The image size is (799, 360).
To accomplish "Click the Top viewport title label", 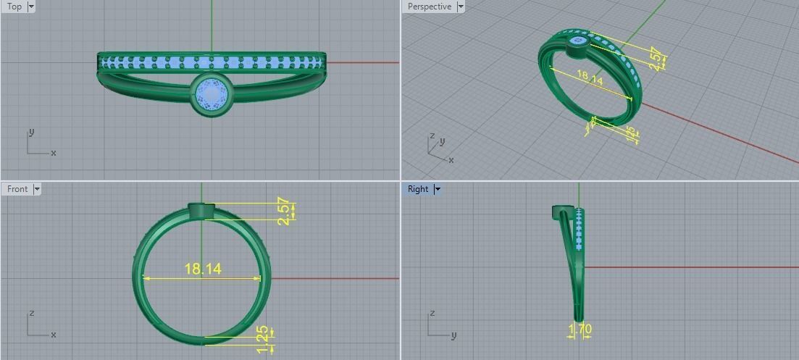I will (x=14, y=7).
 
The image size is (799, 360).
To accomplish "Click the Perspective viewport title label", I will (x=429, y=7).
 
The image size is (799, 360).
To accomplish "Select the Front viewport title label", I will (x=17, y=189).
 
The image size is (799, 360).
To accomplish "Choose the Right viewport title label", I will (x=418, y=189).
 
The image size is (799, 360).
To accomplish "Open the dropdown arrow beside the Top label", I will (x=31, y=7).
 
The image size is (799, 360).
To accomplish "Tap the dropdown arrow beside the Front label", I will (x=37, y=189).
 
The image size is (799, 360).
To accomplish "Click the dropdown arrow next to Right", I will (x=437, y=189).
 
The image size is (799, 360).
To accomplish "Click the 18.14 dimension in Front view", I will (x=203, y=269).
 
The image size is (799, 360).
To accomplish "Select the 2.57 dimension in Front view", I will (x=285, y=212).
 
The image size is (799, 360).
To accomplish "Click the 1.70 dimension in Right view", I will (x=580, y=330).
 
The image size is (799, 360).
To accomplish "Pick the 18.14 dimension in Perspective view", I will (x=590, y=78).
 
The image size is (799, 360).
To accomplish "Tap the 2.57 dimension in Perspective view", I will (x=656, y=59).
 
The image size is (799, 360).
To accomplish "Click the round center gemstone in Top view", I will (x=212, y=94).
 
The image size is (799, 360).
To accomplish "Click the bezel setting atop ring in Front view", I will (x=202, y=211).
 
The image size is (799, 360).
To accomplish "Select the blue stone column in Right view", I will (x=579, y=228).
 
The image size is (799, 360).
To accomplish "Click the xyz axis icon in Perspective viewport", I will (x=439, y=148).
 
